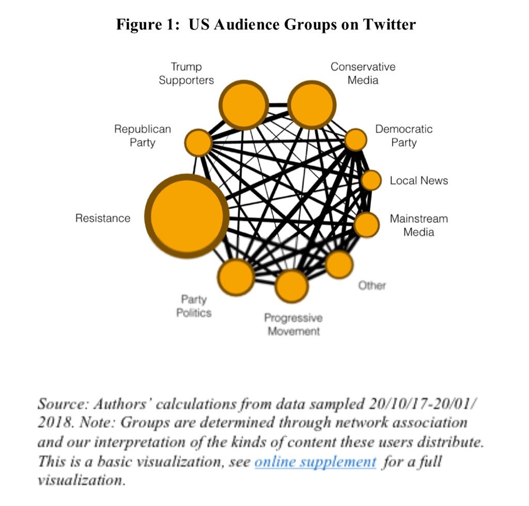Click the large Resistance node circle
186,216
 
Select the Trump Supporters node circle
244,105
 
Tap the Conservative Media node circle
312,105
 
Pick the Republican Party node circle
198,143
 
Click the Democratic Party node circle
355,139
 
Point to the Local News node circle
371,180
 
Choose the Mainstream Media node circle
366,225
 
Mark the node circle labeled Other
339,264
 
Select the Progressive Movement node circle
291,286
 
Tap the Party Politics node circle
236,277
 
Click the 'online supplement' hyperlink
315,461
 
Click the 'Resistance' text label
103,218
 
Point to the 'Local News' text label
418,181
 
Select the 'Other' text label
372,286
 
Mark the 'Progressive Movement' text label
293,324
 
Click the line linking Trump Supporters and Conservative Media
278,105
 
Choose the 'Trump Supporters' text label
186,73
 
